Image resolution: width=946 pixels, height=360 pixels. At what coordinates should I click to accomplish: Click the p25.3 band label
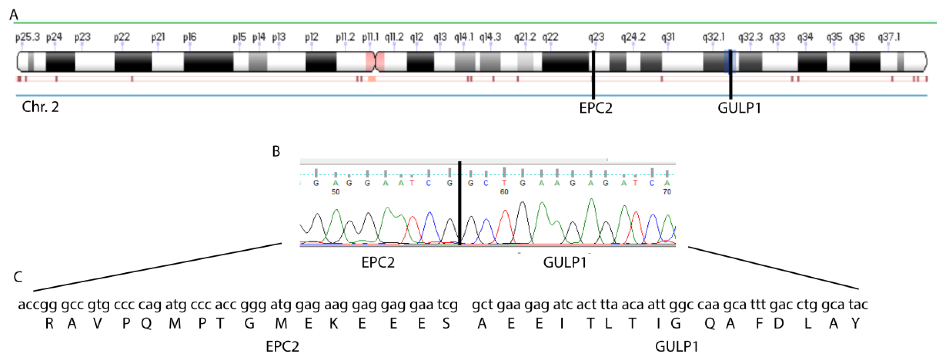[x=28, y=37]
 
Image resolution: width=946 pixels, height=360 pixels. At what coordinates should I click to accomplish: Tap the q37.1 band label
[x=889, y=37]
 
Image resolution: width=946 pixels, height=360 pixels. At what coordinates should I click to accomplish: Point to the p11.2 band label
[x=345, y=37]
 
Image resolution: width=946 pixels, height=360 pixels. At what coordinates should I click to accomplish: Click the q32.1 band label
[x=713, y=37]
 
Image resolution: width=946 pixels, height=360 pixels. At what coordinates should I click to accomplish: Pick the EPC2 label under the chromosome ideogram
[x=596, y=108]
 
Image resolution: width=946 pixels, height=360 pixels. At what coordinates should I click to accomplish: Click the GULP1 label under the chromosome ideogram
[x=739, y=108]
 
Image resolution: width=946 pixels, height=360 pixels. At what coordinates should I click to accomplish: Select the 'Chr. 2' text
[x=40, y=107]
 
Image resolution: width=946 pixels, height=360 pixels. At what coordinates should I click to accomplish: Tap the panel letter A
[x=14, y=15]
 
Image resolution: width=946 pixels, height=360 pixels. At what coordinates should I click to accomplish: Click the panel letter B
[x=276, y=151]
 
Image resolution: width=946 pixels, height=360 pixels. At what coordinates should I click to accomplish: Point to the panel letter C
[x=18, y=277]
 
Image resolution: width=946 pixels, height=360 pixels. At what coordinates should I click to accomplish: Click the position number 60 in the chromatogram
[x=504, y=192]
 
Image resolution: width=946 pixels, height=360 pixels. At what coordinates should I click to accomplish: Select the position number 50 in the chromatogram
[x=335, y=192]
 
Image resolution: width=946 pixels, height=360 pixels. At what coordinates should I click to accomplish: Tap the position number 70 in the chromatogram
[x=667, y=192]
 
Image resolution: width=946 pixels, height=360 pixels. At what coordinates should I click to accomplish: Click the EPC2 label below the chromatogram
[x=378, y=263]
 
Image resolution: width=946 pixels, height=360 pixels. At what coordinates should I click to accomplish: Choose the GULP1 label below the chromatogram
[x=565, y=263]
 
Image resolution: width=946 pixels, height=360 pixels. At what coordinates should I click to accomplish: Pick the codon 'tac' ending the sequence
[x=858, y=305]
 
